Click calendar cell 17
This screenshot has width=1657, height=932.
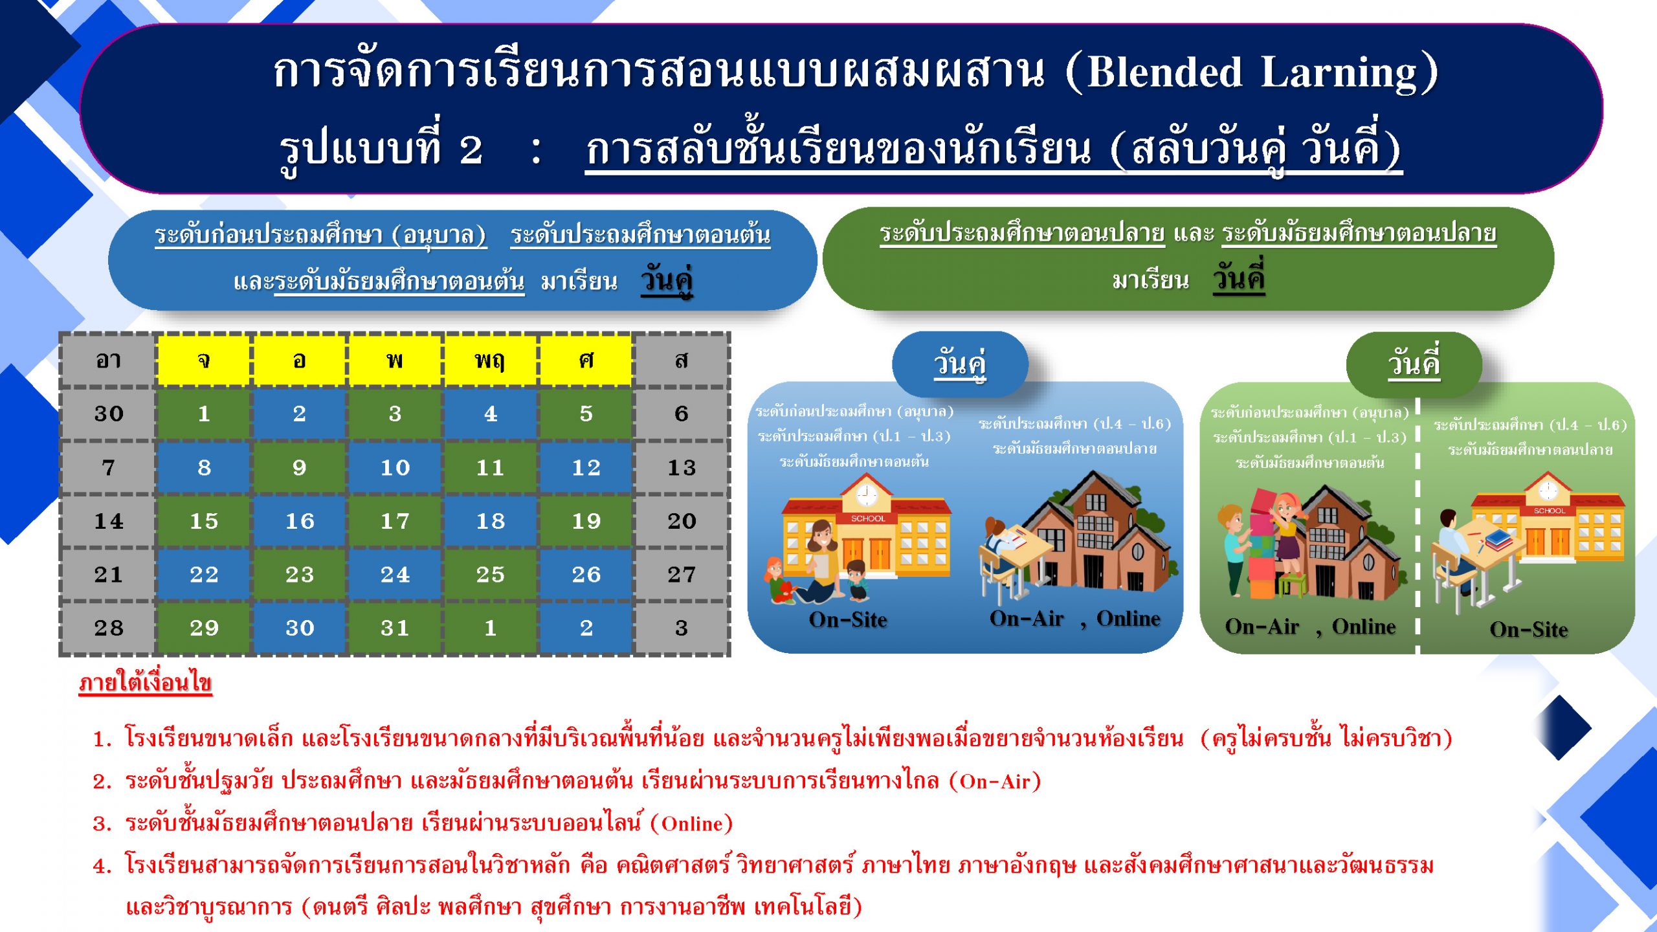pos(395,521)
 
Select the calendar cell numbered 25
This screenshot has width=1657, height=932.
pos(490,574)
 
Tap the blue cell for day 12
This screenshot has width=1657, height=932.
pos(586,467)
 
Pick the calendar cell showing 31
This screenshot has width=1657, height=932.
pos(395,628)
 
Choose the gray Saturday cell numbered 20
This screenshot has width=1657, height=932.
pos(682,521)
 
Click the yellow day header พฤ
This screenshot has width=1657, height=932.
pos(490,360)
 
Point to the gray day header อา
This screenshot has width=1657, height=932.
pos(108,360)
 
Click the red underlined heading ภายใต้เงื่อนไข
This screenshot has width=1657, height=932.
pos(146,682)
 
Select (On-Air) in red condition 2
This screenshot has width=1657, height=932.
pos(995,781)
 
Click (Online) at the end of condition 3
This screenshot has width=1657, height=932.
pos(692,823)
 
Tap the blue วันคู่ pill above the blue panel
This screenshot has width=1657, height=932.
pos(960,363)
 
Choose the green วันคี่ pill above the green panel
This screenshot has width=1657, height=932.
pos(1414,363)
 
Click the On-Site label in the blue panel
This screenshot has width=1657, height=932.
pos(848,620)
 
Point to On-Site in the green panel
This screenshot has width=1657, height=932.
pos(1529,630)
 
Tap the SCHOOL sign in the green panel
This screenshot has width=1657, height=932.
pos(1550,511)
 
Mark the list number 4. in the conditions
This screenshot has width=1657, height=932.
pos(102,866)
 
